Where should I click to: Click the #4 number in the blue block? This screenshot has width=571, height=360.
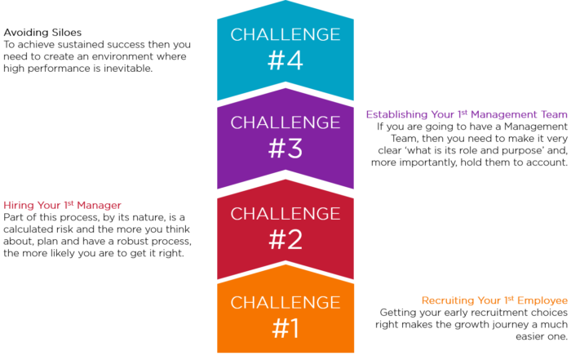285,60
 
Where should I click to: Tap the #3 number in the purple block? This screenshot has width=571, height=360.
285,149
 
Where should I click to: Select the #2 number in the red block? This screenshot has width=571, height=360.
285,240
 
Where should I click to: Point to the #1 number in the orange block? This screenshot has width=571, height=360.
285,328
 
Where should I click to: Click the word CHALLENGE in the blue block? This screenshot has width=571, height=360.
285,34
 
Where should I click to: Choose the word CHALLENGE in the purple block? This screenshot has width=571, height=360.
285,122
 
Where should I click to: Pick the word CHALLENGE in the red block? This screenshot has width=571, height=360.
285,214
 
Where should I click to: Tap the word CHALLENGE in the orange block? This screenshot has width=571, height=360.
285,302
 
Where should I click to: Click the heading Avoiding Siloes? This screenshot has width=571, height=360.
42,33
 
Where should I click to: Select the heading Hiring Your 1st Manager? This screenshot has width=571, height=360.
62,205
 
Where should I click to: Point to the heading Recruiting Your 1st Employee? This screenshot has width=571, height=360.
494,300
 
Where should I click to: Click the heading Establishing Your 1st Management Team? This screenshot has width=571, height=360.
467,114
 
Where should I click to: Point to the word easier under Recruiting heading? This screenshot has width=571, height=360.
529,336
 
